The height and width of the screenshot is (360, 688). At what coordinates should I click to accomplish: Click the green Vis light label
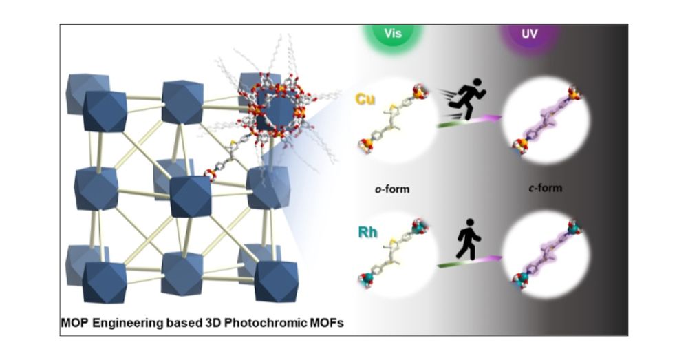click(393, 33)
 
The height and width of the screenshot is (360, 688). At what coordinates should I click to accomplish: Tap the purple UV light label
click(530, 33)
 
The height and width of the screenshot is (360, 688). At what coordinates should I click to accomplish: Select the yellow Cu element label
click(365, 99)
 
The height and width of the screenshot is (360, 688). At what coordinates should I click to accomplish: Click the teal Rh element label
click(367, 232)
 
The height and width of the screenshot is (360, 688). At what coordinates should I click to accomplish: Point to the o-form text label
click(391, 189)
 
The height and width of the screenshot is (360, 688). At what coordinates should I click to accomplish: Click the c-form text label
click(545, 189)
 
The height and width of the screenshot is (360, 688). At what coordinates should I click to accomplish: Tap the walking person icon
click(469, 239)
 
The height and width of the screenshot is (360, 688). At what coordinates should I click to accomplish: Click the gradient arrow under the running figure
click(469, 121)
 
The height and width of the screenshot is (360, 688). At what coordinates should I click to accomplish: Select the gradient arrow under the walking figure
click(469, 261)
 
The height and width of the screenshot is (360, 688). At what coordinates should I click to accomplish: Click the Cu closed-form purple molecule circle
click(546, 119)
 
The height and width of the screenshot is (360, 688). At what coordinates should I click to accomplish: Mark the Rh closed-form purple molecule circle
click(546, 255)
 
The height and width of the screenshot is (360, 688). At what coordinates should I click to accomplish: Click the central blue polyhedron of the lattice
click(190, 196)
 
